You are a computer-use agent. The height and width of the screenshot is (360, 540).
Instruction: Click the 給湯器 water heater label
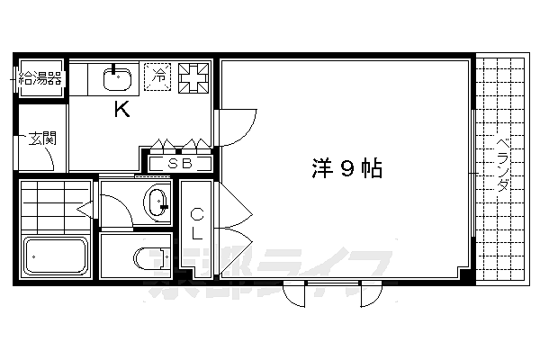40,79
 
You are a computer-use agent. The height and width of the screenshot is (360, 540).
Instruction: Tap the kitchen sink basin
117,79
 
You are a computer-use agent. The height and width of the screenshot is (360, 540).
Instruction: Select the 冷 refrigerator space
157,76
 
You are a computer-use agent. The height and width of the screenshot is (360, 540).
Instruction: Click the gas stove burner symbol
193,78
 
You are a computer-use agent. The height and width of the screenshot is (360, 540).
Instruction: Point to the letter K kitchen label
122,109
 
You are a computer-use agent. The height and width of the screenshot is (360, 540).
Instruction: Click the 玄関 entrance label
42,139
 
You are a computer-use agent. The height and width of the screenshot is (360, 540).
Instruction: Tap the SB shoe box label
179,163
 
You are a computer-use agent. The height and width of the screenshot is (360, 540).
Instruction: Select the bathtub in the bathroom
56,256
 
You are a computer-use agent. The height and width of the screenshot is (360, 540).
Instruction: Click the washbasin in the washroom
157,202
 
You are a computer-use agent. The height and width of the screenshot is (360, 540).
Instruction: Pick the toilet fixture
151,258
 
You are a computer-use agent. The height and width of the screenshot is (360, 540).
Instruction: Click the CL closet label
197,224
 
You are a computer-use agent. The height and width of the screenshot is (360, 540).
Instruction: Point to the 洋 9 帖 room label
347,168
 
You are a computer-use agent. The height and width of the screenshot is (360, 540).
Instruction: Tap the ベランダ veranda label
503,165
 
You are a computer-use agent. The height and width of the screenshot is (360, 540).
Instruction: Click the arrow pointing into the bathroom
85,209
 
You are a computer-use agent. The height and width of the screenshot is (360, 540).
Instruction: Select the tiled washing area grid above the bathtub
56,206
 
